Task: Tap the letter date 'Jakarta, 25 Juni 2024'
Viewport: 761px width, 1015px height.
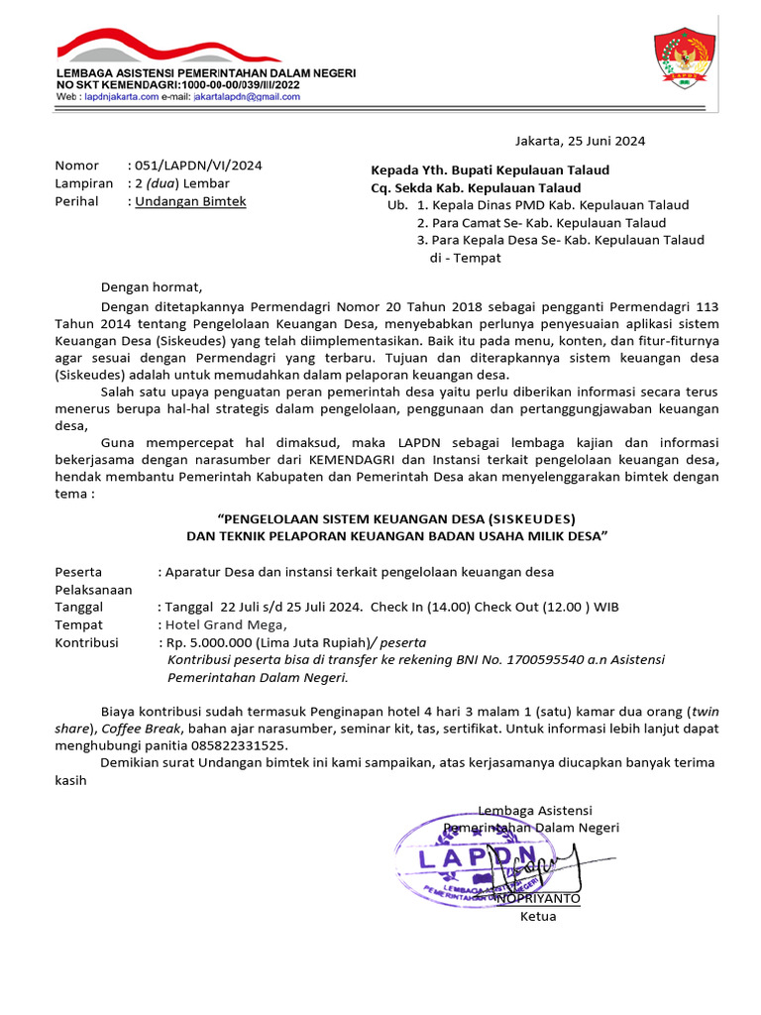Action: point(579,141)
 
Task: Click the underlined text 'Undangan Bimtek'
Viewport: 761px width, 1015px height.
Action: point(190,201)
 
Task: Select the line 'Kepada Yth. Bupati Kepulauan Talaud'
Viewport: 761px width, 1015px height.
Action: point(490,169)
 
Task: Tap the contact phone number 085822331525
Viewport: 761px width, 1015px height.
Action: point(241,744)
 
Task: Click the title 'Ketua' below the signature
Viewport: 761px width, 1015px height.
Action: point(538,916)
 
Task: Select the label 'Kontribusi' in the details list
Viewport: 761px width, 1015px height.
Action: point(86,642)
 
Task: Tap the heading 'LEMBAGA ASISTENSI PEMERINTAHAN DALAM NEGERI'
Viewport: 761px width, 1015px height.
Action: point(206,73)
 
